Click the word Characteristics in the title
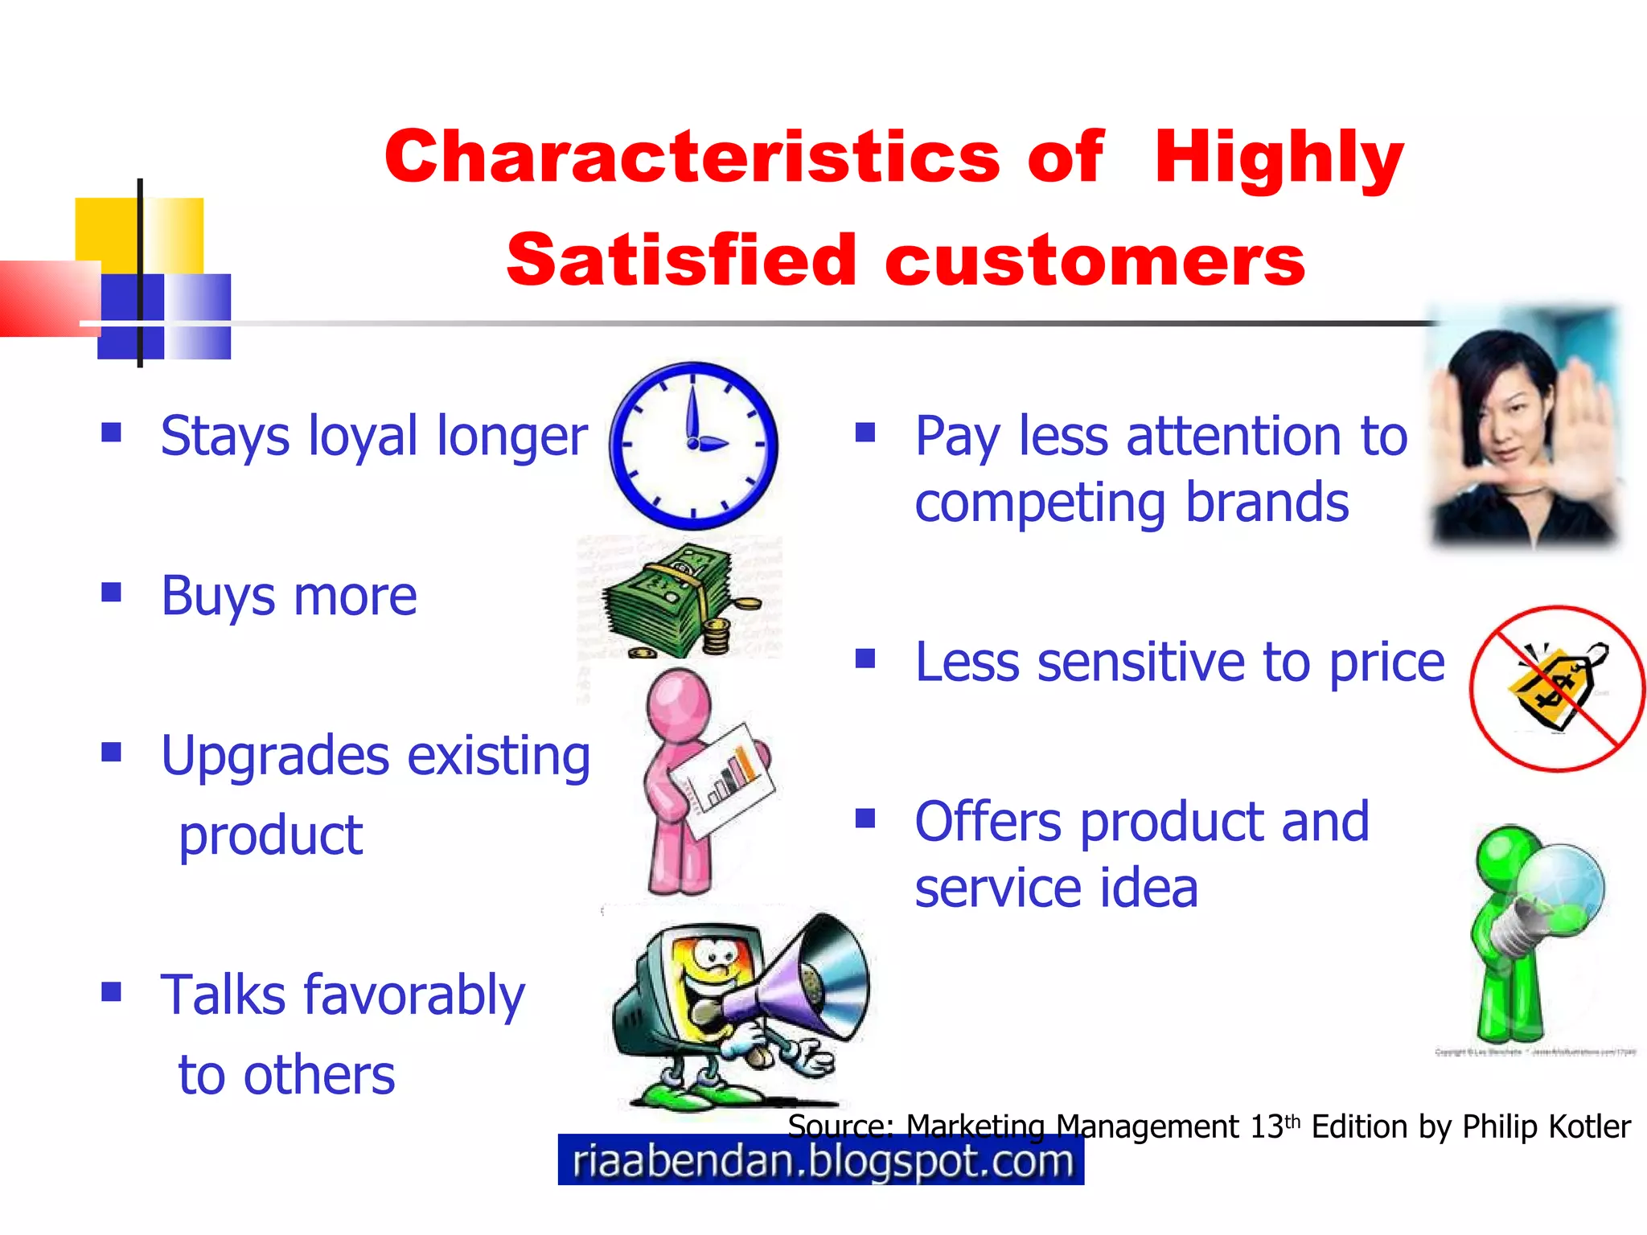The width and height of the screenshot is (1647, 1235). tap(692, 157)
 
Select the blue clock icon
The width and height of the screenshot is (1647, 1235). tap(693, 445)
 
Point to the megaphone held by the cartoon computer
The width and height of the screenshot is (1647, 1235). tap(804, 985)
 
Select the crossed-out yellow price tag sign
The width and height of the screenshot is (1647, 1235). tap(1556, 689)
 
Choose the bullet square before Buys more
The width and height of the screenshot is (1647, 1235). tap(111, 593)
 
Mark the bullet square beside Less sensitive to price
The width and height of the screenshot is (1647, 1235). tap(865, 659)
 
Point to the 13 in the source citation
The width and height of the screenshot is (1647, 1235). tap(1266, 1127)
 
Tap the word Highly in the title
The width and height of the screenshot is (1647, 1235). tap(1279, 157)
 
